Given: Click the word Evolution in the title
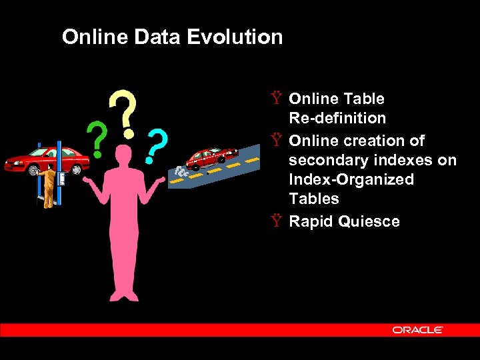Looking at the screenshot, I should [235, 37].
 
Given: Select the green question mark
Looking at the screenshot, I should [98, 138].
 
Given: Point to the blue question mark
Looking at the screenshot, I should [157, 146].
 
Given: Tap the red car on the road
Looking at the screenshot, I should [211, 157].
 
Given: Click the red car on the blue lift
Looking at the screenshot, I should [47, 160].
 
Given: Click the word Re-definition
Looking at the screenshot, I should [337, 118].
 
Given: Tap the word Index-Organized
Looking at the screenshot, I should [351, 179].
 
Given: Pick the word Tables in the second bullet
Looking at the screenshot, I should [314, 199].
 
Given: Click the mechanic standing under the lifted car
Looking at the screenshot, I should [47, 188].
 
